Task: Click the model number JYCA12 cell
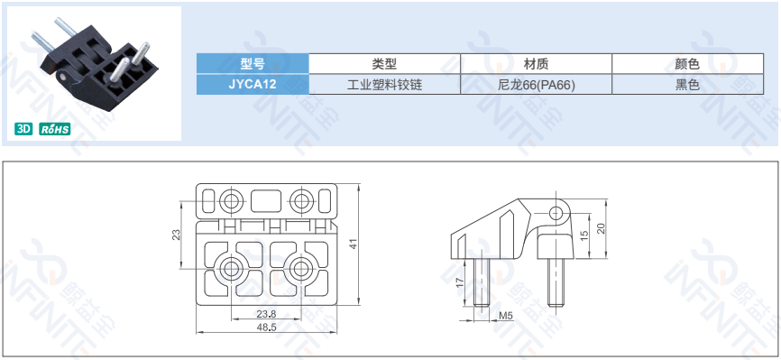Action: click(x=253, y=84)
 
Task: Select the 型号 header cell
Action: click(x=253, y=64)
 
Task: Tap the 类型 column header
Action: click(x=384, y=64)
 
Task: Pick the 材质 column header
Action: click(x=536, y=64)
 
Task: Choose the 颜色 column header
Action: click(x=687, y=64)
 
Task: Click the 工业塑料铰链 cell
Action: click(x=384, y=84)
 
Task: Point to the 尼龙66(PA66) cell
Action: click(x=536, y=84)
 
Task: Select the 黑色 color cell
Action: click(x=687, y=84)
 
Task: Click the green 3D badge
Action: click(x=23, y=129)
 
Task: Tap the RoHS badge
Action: click(x=55, y=129)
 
